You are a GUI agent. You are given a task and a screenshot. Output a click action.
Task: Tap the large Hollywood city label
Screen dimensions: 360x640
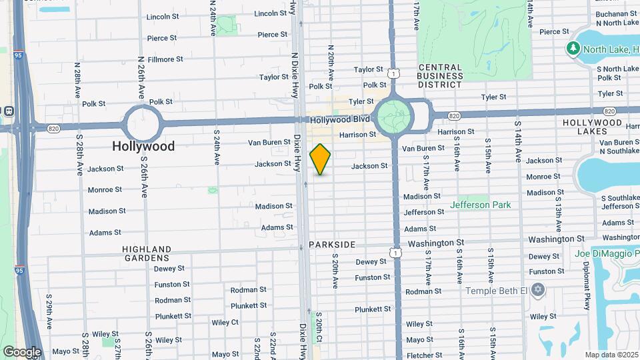143,146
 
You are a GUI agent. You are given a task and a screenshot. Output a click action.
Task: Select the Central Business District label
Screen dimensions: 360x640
440,76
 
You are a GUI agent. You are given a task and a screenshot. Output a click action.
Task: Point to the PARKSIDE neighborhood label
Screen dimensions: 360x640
332,245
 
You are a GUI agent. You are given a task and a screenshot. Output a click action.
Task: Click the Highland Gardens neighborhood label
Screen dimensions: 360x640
147,253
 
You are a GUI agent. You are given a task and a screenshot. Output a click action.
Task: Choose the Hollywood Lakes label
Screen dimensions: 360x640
592,127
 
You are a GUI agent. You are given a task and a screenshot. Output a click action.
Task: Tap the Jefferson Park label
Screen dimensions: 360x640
480,205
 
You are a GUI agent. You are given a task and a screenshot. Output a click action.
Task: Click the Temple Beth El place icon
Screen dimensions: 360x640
538,290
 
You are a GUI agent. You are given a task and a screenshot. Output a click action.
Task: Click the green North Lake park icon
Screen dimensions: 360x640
573,48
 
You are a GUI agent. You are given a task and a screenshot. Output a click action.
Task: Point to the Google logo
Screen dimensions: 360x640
22,351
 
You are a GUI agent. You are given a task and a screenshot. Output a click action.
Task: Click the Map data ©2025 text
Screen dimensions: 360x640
611,355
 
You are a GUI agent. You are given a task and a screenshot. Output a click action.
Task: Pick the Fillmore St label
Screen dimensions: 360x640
165,59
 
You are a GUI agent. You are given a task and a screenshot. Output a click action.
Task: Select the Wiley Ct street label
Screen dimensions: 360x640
225,322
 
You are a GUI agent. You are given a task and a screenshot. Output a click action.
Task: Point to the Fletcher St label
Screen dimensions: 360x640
424,355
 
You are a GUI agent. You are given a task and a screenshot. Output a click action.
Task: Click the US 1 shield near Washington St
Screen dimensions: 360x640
396,253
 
